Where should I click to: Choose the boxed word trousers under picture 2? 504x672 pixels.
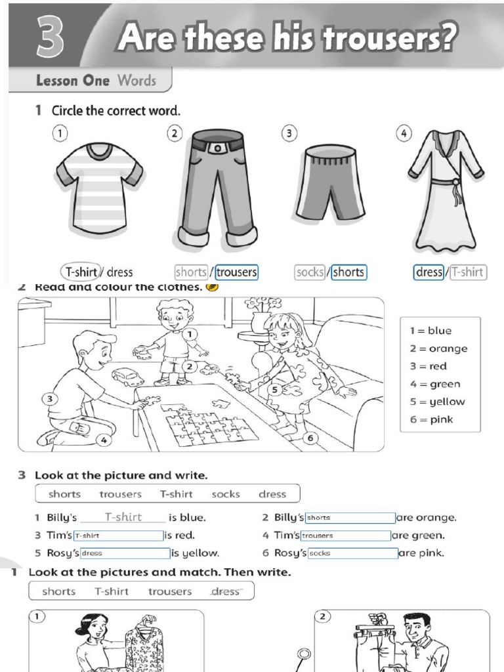tap(237, 272)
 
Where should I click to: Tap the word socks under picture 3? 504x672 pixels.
tap(310, 272)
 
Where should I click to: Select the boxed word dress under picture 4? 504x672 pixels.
tap(429, 272)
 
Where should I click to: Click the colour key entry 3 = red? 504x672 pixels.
tap(429, 366)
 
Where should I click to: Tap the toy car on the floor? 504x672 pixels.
tap(127, 377)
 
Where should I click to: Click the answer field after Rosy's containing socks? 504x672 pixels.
tap(352, 553)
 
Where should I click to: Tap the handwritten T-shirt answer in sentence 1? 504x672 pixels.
tap(123, 517)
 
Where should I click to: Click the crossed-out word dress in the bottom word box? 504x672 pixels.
tap(226, 591)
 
